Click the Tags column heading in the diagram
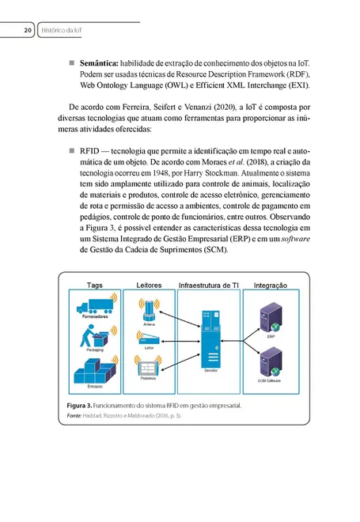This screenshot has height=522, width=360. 95,285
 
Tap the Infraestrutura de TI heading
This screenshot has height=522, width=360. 209,285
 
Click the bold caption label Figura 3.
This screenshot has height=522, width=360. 81,406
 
